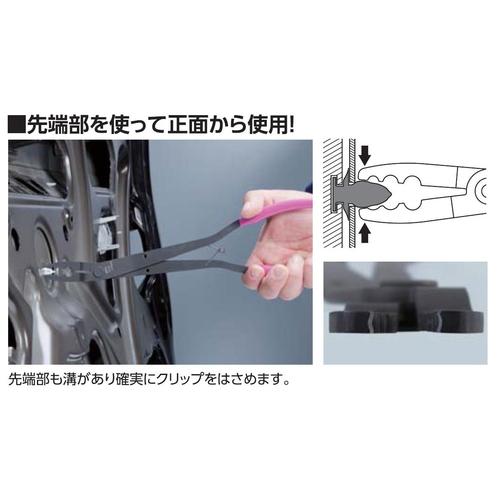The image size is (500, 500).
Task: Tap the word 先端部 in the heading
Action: [58, 126]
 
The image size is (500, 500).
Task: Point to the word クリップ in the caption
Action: [195, 381]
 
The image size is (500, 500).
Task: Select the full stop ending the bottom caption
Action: [289, 385]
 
